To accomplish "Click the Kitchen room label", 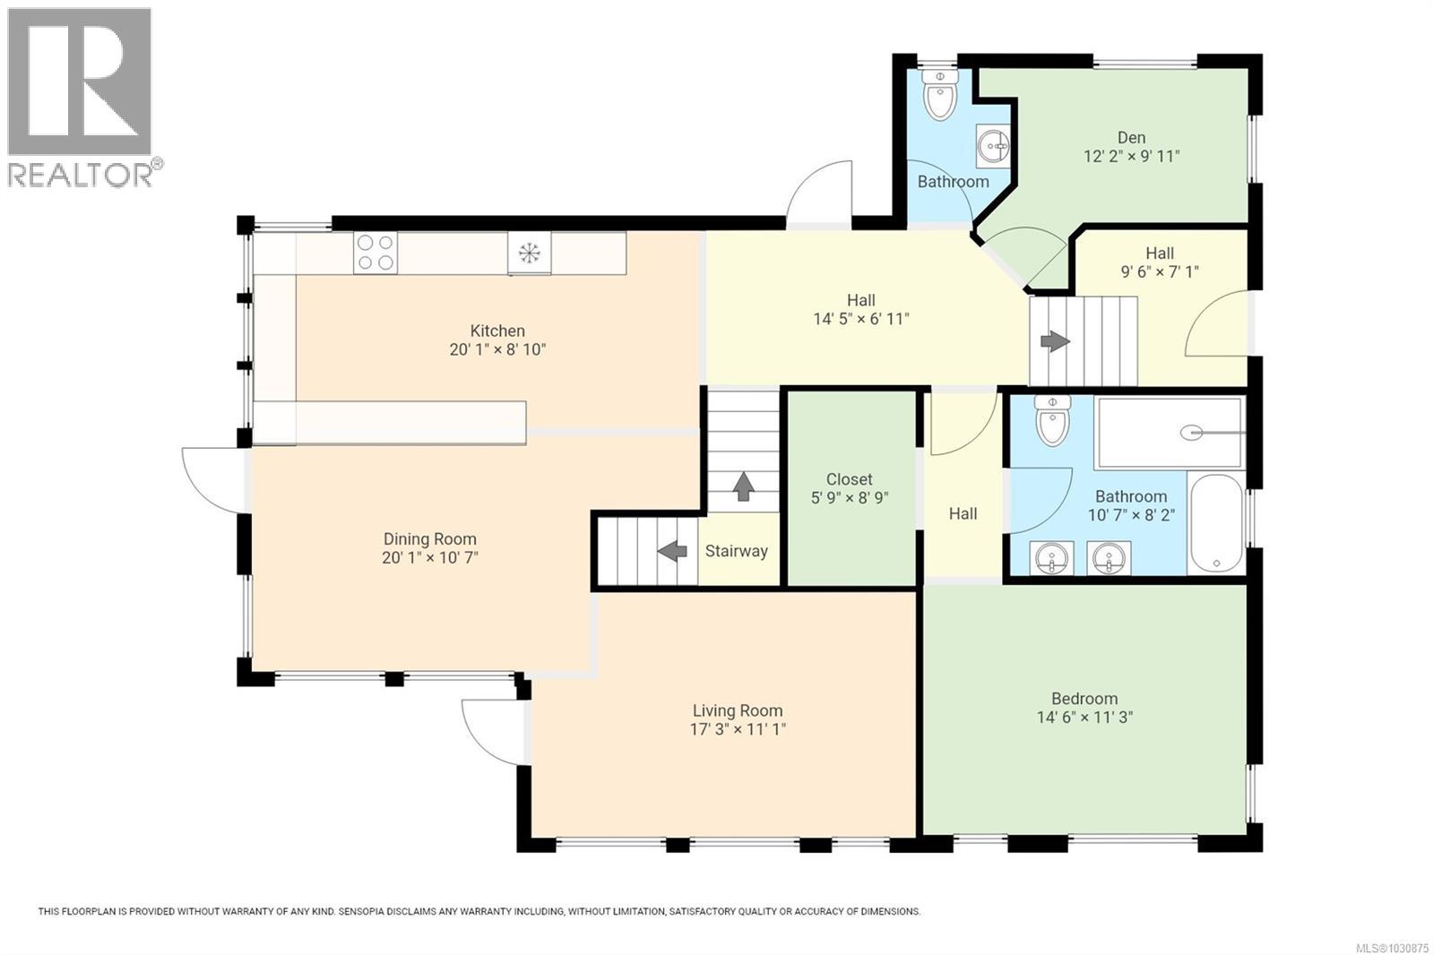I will tap(497, 331).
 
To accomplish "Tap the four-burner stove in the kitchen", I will tap(375, 253).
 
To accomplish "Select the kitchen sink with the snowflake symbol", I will tap(530, 254).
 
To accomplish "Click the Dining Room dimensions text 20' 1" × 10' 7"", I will tap(429, 557).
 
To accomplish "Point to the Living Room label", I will tap(737, 710).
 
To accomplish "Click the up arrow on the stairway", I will tap(743, 487).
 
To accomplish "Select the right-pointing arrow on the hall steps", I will tap(1054, 341).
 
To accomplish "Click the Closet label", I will tap(849, 479).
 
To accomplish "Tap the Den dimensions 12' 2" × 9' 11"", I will tap(1131, 156).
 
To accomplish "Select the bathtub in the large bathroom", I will tap(1215, 523).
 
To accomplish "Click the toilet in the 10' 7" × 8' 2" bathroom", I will tap(1052, 420).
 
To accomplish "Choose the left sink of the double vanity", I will tap(1050, 559).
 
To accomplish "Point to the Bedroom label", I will tap(1084, 698).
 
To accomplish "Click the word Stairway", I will tap(736, 551).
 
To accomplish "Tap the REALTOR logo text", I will tap(81, 175).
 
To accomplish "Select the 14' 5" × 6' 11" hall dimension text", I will tap(860, 319).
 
